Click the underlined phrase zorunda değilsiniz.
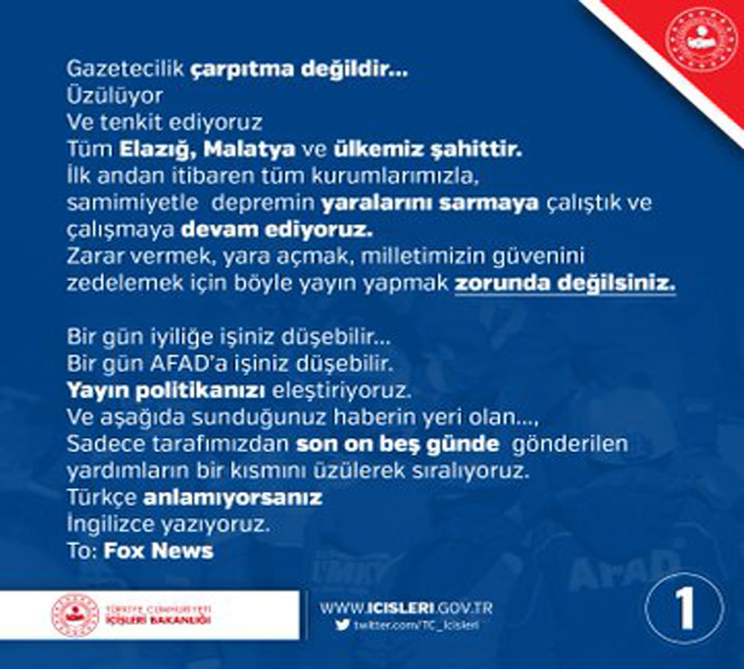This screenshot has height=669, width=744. tap(565, 283)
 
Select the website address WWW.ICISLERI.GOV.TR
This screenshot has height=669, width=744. tap(406, 607)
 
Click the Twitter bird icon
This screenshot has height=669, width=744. tap(341, 625)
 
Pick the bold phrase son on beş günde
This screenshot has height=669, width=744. tap(397, 444)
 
